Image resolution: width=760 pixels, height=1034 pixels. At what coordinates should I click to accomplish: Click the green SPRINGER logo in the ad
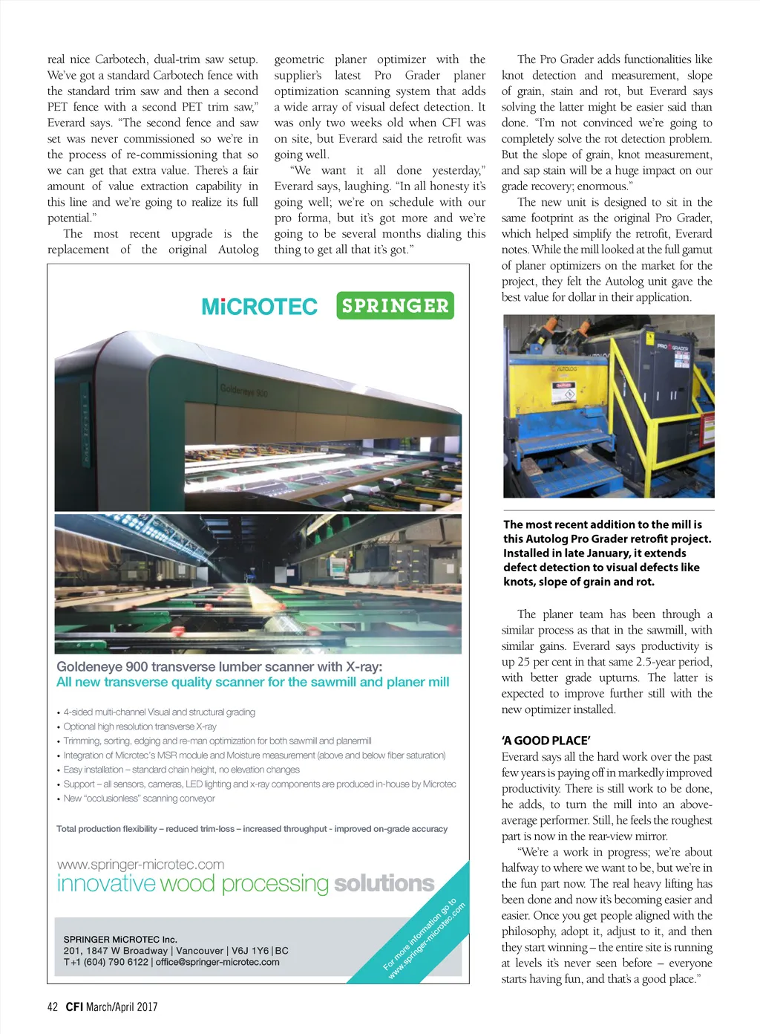point(395,305)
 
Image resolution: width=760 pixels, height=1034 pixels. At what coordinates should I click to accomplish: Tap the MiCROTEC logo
point(259,307)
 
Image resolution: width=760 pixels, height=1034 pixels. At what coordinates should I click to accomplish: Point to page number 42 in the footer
point(52,1007)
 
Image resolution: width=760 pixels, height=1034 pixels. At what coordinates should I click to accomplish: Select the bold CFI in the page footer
point(73,1007)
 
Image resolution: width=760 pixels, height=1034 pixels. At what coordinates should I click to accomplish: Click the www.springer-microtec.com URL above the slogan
point(140,864)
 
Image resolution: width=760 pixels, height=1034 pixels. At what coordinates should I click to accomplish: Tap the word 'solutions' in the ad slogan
point(384,883)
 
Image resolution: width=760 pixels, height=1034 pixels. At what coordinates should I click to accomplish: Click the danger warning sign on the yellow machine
point(566,391)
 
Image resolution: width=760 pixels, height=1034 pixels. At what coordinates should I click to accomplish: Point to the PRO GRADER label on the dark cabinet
point(672,347)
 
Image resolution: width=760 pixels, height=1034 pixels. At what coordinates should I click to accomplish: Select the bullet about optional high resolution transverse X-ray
point(140,726)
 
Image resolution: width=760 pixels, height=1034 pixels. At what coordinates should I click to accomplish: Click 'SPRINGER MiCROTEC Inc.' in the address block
point(120,939)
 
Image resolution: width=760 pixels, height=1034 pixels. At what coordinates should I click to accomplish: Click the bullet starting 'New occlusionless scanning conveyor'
point(139,799)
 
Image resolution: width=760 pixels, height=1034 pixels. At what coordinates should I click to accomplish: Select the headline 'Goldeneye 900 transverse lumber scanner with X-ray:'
point(220,666)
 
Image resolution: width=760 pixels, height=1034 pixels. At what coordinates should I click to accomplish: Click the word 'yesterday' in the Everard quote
point(458,170)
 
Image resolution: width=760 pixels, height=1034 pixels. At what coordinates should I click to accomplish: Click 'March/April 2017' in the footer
point(122,1007)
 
